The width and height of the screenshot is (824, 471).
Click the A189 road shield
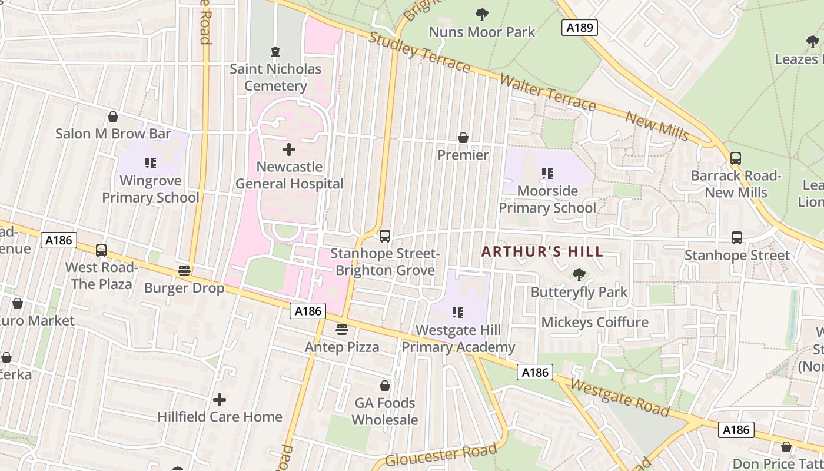click(x=579, y=28)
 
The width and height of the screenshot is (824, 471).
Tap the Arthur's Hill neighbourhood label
click(x=542, y=252)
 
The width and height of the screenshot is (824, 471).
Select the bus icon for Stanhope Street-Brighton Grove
click(x=385, y=236)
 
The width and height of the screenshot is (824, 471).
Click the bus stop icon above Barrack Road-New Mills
click(x=736, y=158)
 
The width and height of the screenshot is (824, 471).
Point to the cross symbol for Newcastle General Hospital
click(x=289, y=150)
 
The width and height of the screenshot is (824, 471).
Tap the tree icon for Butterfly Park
click(x=579, y=274)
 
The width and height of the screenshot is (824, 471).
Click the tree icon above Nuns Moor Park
click(x=482, y=15)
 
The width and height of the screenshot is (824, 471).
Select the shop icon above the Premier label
click(x=463, y=138)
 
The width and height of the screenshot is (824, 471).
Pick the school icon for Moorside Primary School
click(x=547, y=174)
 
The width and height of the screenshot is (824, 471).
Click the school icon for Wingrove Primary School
click(x=151, y=163)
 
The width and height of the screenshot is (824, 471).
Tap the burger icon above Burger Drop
click(x=184, y=271)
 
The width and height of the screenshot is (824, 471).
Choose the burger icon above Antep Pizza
click(x=342, y=329)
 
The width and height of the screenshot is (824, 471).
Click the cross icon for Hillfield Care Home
click(x=220, y=400)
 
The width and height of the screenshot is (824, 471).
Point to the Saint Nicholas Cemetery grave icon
click(x=275, y=52)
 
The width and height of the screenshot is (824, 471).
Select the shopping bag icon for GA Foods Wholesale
click(x=385, y=386)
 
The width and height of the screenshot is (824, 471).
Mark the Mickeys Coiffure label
click(x=594, y=322)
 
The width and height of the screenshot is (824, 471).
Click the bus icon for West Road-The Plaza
click(x=101, y=250)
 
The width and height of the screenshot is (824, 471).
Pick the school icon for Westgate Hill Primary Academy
click(x=458, y=313)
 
